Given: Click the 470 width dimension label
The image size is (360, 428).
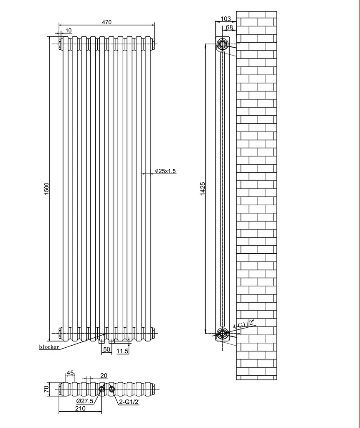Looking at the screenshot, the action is click(x=106, y=22).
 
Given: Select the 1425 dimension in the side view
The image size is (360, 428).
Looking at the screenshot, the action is click(x=203, y=189).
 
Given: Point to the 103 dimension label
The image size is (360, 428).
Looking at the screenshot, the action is click(x=226, y=18).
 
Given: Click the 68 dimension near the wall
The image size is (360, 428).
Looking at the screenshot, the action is click(x=229, y=27).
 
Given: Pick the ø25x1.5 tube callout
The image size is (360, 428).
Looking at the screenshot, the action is click(x=165, y=171).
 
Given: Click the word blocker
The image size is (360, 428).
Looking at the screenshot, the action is click(x=49, y=347).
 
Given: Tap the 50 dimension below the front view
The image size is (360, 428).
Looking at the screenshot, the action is click(x=106, y=349).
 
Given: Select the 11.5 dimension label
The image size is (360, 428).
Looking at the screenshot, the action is click(x=122, y=351).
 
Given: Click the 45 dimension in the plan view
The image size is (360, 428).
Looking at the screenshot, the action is click(x=70, y=373).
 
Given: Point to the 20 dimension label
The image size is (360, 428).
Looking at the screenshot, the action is click(x=104, y=376).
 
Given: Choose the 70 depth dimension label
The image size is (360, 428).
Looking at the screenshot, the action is click(x=46, y=388).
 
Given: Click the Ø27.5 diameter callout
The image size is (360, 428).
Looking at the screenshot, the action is click(x=85, y=401).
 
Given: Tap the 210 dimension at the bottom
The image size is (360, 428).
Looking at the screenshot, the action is click(x=80, y=408).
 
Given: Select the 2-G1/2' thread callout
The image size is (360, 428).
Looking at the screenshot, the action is click(x=129, y=402).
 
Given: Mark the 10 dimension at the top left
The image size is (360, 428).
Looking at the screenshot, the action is click(x=68, y=30).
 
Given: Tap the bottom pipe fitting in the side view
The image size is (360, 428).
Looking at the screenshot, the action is click(x=223, y=333).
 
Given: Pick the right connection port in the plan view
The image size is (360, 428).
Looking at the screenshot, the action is click(x=112, y=389).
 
